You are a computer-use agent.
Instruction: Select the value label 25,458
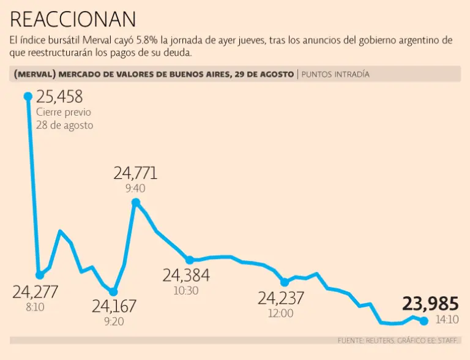[x=59, y=97]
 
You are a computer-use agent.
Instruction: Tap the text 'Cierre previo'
[x=64, y=112]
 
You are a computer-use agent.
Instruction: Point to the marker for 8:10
[x=40, y=275]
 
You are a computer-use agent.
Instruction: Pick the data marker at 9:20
[x=113, y=292]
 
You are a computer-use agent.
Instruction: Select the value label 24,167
[x=114, y=306]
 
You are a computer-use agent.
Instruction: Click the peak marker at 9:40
[x=136, y=202]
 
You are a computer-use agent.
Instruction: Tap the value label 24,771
[x=135, y=173]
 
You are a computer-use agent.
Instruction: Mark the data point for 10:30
[x=190, y=260]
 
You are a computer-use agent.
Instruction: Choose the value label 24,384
[x=186, y=276]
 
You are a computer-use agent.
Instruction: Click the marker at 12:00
[x=284, y=282]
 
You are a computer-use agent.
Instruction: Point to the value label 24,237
[x=281, y=298]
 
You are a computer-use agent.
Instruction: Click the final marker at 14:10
[x=423, y=320]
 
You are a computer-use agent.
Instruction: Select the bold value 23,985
[x=430, y=304]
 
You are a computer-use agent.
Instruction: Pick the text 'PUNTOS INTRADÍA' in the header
[x=336, y=74]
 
